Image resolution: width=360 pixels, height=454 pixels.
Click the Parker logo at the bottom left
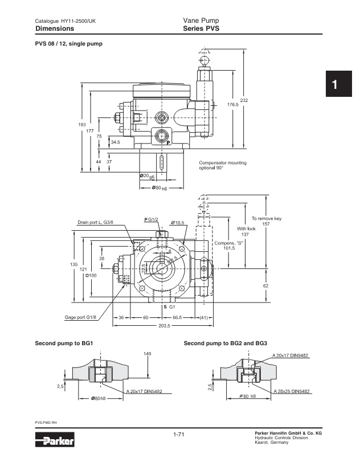[x=55, y=440]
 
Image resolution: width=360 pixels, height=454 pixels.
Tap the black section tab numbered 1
[x=338, y=84]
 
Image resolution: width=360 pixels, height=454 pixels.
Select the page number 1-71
[x=178, y=434]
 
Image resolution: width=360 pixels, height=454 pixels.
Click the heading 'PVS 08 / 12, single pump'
[x=69, y=44]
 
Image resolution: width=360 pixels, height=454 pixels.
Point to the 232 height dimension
[x=244, y=100]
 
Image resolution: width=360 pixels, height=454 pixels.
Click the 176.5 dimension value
[x=232, y=104]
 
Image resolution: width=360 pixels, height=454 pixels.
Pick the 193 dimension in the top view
[x=82, y=125]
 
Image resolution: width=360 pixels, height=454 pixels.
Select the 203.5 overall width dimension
[x=164, y=326]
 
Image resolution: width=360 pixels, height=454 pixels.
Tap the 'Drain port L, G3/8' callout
[x=95, y=222]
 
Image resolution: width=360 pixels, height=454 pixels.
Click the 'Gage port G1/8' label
[x=80, y=317]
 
